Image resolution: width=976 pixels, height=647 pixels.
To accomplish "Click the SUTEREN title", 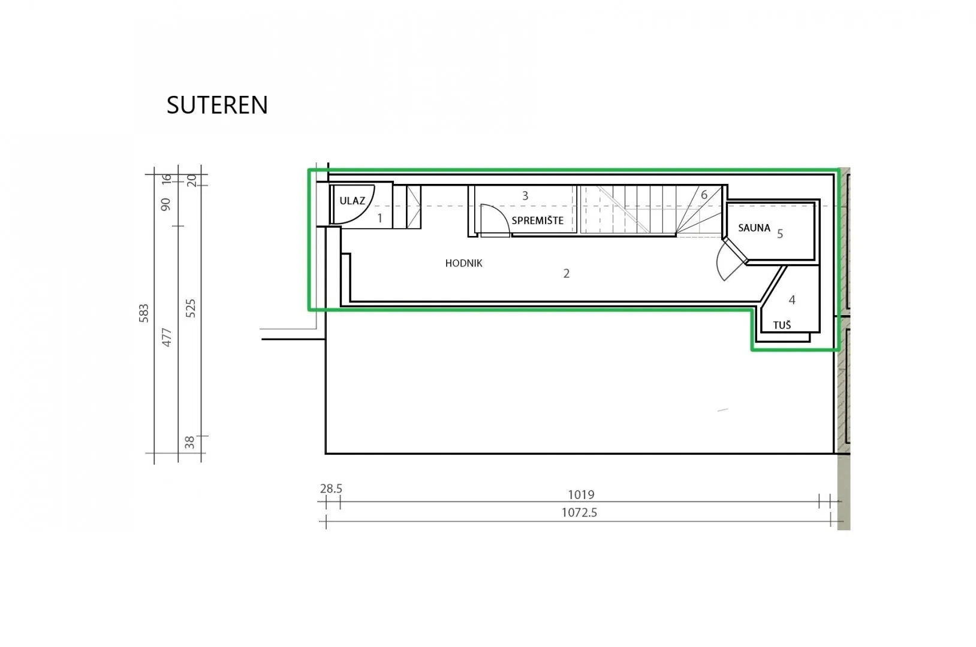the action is click(217, 105).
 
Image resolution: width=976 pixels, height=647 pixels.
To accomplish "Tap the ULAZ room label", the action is click(352, 201).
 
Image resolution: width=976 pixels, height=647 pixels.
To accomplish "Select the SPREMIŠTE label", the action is click(537, 220).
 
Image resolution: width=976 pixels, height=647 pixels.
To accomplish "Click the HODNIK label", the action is click(463, 263).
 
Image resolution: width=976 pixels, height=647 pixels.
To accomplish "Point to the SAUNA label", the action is click(754, 228).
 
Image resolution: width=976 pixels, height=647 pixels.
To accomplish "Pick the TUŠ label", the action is click(782, 325).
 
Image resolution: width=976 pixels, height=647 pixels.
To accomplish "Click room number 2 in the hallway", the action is click(567, 273).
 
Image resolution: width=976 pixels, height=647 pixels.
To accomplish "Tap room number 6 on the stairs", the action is click(704, 195).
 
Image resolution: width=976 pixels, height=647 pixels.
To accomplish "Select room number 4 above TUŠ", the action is click(792, 300).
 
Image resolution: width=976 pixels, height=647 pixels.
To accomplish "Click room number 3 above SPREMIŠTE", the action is click(525, 196).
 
